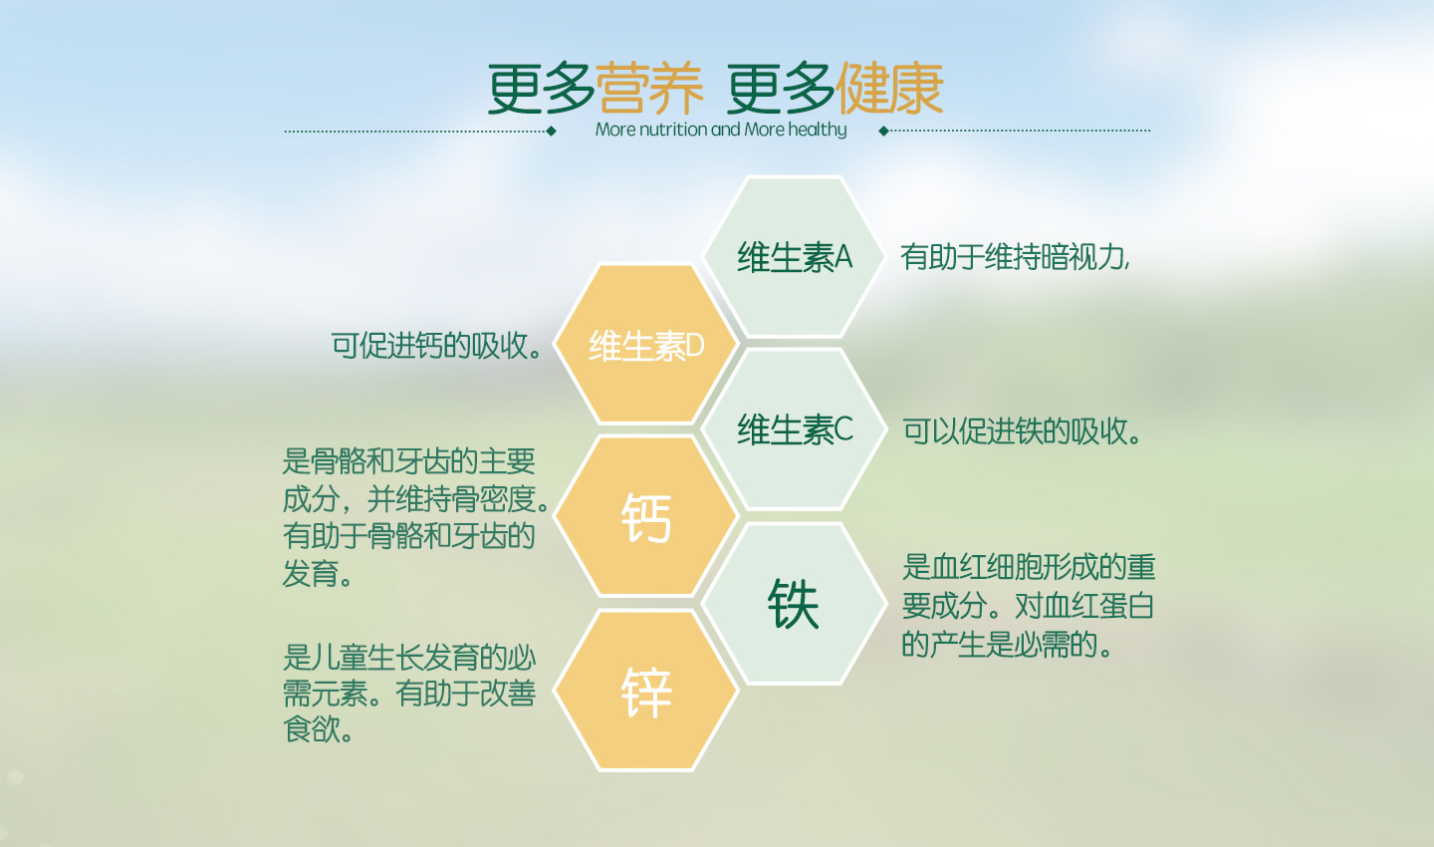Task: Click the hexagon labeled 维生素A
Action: click(x=794, y=256)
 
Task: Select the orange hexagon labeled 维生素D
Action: click(x=646, y=344)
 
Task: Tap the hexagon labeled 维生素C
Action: click(x=794, y=429)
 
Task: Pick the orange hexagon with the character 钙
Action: click(x=646, y=516)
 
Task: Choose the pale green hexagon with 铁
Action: click(x=794, y=604)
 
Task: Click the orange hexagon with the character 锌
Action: click(x=646, y=690)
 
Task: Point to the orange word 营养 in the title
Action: click(x=649, y=89)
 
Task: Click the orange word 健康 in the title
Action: click(x=889, y=89)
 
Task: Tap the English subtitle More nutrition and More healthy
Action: click(x=721, y=130)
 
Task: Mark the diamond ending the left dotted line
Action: click(x=552, y=132)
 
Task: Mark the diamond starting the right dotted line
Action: click(x=883, y=131)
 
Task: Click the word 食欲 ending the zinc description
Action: click(x=311, y=729)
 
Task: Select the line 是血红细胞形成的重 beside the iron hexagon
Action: click(x=1029, y=567)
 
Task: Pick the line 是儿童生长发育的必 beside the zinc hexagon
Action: click(x=409, y=657)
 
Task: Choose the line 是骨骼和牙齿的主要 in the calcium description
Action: click(x=409, y=460)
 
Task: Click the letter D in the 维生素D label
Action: click(x=695, y=346)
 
